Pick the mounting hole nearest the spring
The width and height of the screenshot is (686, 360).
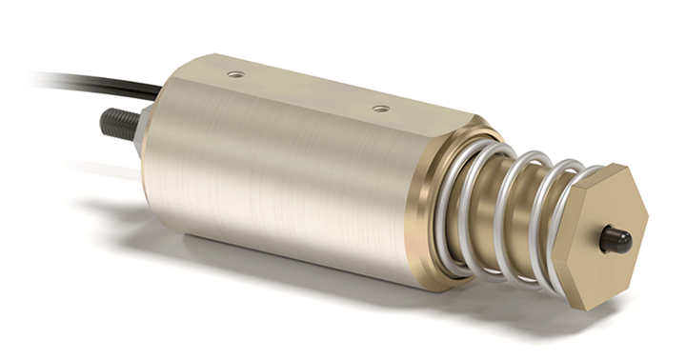[x=380, y=109]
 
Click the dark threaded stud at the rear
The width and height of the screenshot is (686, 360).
[x=120, y=123]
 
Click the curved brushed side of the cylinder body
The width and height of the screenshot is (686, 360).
[x=276, y=190]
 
